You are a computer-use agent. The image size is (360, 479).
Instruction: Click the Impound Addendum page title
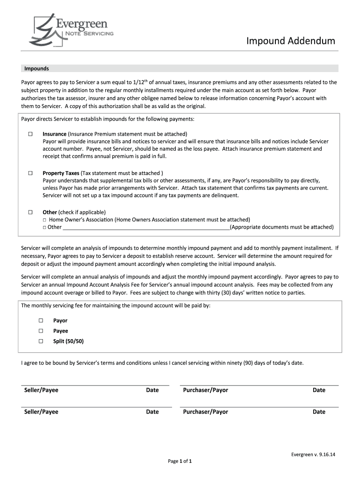coord(291,41)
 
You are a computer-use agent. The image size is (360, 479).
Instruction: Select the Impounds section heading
coord(37,68)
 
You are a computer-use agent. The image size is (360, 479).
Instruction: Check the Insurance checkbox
coord(30,134)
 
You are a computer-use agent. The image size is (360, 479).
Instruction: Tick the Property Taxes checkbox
coord(30,173)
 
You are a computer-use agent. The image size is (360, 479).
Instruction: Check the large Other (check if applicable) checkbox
coord(30,212)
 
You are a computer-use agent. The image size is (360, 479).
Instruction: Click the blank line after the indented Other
coord(146,227)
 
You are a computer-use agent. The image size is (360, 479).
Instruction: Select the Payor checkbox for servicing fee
coord(41,320)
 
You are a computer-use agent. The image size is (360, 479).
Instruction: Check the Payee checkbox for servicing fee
coord(41,331)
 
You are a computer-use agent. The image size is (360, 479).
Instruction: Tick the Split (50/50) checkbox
coord(41,341)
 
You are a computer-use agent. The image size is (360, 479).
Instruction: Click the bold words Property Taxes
coord(61,173)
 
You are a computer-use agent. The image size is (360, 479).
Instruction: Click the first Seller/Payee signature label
coord(41,390)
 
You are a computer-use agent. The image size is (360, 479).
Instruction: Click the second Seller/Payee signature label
coord(41,412)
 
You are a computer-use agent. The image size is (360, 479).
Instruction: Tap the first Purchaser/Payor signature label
coord(205,390)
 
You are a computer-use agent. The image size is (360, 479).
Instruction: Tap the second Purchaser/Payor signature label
coord(205,412)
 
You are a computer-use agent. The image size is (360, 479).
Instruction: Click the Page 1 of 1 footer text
coord(180,461)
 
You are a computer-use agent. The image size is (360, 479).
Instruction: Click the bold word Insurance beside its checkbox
coord(54,134)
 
